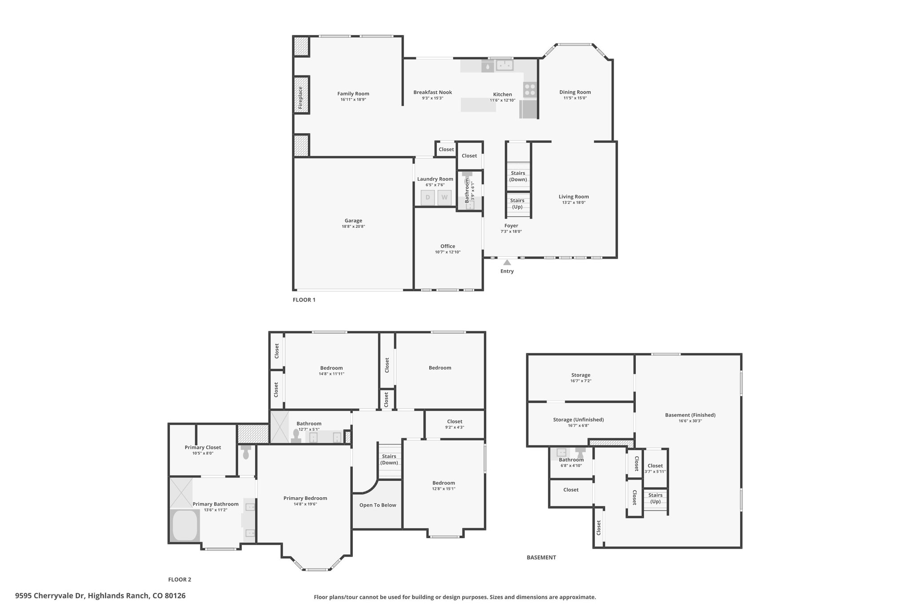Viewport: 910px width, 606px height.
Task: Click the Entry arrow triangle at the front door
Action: pos(507,262)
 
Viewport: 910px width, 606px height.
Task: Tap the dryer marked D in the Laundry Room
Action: pos(427,198)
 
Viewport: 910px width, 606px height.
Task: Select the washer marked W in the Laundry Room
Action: pos(444,198)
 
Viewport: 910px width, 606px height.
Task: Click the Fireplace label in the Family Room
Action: pos(300,98)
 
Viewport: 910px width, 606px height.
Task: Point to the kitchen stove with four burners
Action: pos(530,89)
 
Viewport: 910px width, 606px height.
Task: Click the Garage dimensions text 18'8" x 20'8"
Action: pos(353,226)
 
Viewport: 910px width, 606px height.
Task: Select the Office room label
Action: pos(448,246)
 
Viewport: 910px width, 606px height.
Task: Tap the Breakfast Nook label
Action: pos(433,92)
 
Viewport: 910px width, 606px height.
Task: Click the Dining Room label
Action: pos(575,92)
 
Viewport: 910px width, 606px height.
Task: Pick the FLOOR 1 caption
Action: pos(304,300)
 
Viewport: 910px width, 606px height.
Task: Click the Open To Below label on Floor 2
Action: pos(378,505)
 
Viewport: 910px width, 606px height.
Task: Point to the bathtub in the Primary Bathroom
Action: pos(185,526)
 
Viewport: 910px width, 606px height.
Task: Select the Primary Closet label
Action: pos(203,448)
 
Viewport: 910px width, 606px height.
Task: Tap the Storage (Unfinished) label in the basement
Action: pos(579,420)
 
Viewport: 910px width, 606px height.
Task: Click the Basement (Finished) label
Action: pos(690,415)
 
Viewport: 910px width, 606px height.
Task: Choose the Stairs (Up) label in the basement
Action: pos(655,498)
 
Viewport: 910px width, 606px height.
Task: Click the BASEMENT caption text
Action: pos(541,558)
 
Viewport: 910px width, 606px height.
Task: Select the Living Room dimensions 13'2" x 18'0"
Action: pos(574,202)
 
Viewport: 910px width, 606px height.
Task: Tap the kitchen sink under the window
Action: pos(504,66)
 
